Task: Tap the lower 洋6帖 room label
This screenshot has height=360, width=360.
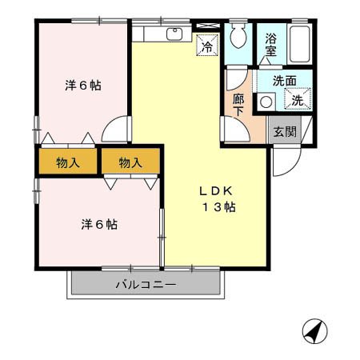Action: point(99,224)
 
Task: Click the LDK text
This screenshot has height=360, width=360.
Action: point(215,191)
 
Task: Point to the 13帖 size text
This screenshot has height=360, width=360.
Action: point(218,208)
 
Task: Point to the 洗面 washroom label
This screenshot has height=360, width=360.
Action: point(283,81)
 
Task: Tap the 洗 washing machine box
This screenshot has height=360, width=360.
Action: point(297,100)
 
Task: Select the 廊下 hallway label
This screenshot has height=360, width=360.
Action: point(238,106)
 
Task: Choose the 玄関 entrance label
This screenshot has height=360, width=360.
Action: point(283,132)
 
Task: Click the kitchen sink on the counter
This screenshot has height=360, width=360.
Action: point(175,34)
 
